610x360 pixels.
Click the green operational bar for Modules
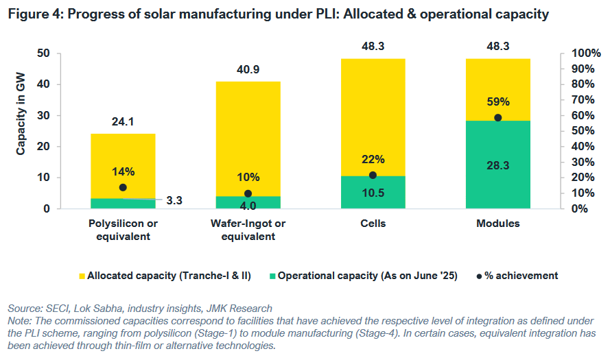[497, 185]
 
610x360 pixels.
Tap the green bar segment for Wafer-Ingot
[248, 202]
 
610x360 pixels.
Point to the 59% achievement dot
[498, 117]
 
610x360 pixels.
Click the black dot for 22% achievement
[373, 175]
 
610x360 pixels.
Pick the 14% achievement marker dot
[123, 187]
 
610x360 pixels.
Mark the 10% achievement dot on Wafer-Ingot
[248, 193]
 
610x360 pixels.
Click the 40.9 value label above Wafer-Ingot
[248, 69]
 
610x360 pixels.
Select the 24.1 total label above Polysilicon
[123, 121]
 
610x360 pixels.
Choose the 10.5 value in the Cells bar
[373, 193]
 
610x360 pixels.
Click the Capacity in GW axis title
[21, 115]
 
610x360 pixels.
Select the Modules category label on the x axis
[497, 224]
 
